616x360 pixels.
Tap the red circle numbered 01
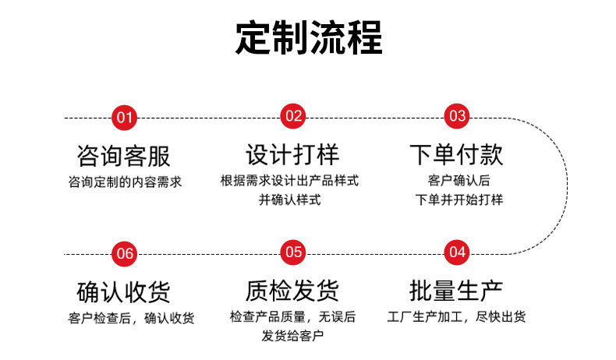[x=125, y=118]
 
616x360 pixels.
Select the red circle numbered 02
[x=293, y=116]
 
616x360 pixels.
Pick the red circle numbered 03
[x=457, y=116]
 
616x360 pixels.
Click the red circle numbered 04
[x=457, y=252]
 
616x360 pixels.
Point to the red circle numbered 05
[x=293, y=252]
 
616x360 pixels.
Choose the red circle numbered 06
[x=125, y=253]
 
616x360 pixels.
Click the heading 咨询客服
[x=124, y=155]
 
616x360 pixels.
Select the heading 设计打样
[x=292, y=154]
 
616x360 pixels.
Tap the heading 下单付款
[x=457, y=154]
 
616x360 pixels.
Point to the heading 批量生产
[x=457, y=290]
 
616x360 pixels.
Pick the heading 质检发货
[x=292, y=290]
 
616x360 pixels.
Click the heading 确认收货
[x=124, y=291]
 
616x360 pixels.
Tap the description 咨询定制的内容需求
[x=125, y=183]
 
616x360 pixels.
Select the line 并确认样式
[x=289, y=200]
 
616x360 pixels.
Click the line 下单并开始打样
[x=459, y=200]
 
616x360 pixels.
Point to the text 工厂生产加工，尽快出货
[x=457, y=317]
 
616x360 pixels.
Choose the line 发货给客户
[x=292, y=337]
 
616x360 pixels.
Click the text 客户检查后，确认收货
[x=131, y=318]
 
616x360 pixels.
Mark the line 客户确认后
[x=458, y=182]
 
